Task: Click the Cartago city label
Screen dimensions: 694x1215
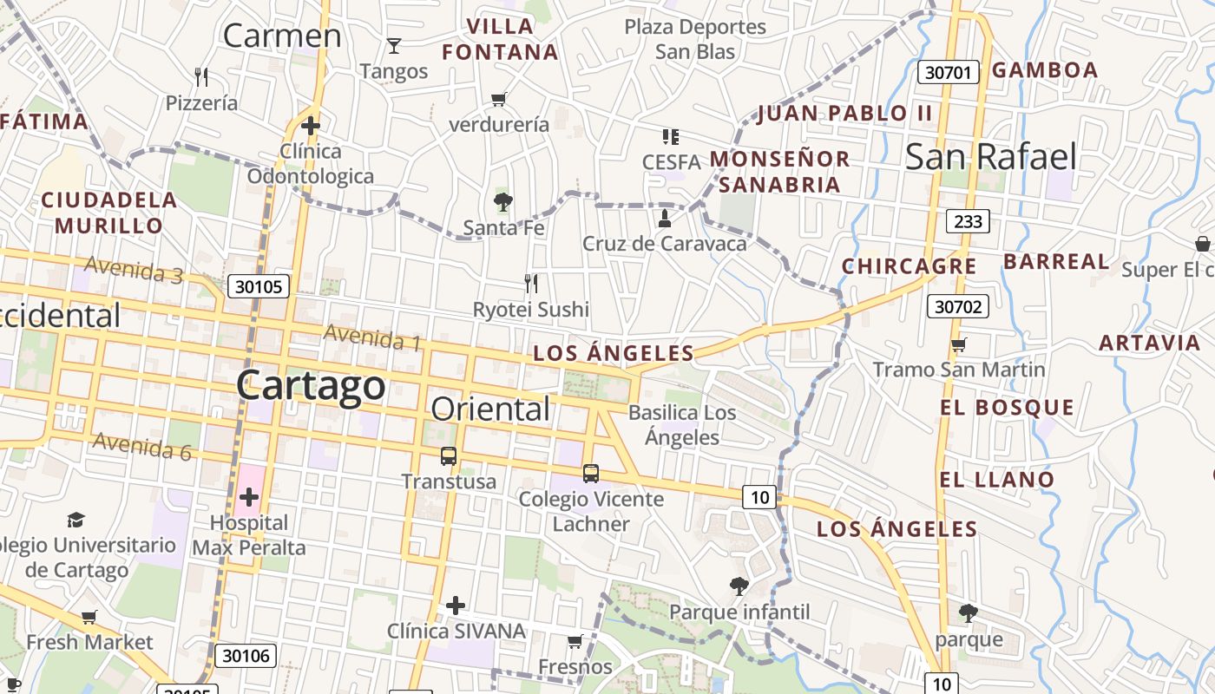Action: point(311,384)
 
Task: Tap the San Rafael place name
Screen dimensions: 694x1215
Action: point(990,157)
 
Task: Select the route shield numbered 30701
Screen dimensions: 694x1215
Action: point(948,72)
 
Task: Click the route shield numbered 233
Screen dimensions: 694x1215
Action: point(968,221)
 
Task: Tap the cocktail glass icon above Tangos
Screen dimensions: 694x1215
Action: point(394,45)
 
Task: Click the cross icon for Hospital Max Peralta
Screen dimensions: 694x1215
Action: point(249,497)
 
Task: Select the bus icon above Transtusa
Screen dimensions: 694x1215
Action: point(449,456)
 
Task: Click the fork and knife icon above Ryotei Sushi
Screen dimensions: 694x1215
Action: point(531,284)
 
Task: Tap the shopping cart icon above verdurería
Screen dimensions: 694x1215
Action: point(498,99)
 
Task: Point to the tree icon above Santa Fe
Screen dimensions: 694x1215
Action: point(502,203)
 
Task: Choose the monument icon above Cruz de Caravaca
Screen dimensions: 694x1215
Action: point(665,218)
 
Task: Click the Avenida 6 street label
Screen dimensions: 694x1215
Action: point(141,446)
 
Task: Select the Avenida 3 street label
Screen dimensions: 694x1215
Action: point(134,270)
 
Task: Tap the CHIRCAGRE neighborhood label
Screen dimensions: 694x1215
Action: point(910,266)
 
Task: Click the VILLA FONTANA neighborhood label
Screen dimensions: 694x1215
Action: point(500,39)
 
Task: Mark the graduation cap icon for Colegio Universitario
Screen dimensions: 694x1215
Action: point(76,520)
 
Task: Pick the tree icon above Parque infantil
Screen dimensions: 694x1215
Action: point(739,586)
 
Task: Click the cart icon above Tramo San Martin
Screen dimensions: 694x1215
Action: point(958,345)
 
